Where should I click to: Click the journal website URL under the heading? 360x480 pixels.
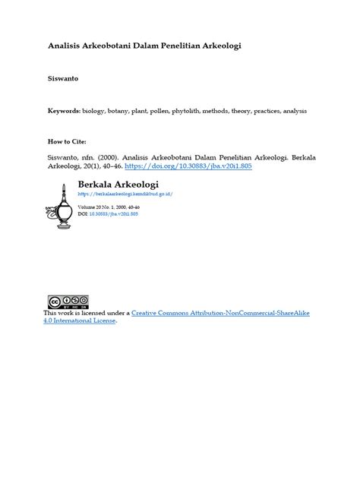coord(125,194)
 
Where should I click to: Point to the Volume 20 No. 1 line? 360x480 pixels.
coord(109,207)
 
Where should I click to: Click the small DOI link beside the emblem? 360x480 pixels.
coord(114,214)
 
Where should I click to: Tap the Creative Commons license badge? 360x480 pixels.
coord(68,302)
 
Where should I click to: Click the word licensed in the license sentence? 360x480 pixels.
coord(96,313)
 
